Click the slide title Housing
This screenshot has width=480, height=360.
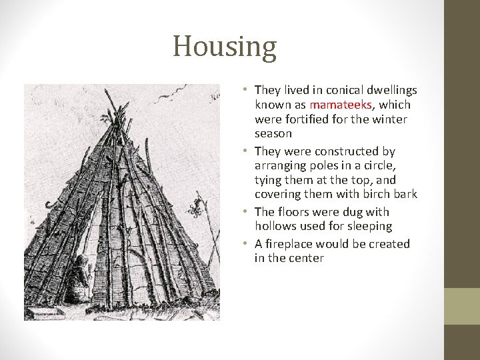point(224,47)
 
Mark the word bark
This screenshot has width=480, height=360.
point(405,194)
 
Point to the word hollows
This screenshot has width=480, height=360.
point(275,227)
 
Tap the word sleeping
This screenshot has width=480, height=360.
point(369,227)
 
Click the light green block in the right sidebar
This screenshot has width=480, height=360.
point(461,306)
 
